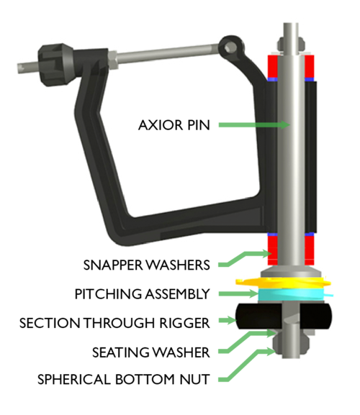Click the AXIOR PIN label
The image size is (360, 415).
(174, 125)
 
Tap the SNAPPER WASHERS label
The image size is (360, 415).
(146, 265)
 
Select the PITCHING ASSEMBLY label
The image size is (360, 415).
(143, 294)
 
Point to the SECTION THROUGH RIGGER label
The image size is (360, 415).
(114, 323)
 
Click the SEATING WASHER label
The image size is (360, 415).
(151, 352)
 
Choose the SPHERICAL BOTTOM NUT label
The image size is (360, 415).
(124, 379)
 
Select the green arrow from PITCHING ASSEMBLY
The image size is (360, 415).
(238, 293)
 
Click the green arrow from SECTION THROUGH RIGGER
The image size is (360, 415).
(228, 320)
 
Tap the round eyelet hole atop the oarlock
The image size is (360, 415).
(228, 48)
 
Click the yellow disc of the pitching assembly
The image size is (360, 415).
(283, 282)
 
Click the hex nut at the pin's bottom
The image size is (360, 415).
(291, 345)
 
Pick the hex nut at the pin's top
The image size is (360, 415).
(291, 44)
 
